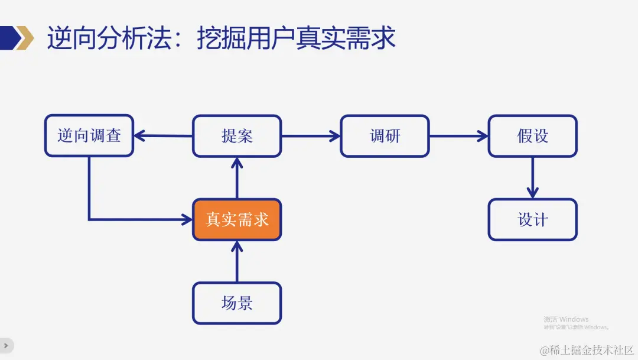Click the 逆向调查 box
89,135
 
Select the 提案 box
237,135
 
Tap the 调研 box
385,135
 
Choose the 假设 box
532,135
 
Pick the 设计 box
532,219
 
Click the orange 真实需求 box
237,219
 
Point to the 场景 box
237,303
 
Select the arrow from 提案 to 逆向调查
163,135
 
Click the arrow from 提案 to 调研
311,135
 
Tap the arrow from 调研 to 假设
458,135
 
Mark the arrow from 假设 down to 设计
532,177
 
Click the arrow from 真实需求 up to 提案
237,177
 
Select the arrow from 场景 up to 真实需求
237,261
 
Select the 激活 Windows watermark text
566,319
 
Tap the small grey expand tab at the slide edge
6,345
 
